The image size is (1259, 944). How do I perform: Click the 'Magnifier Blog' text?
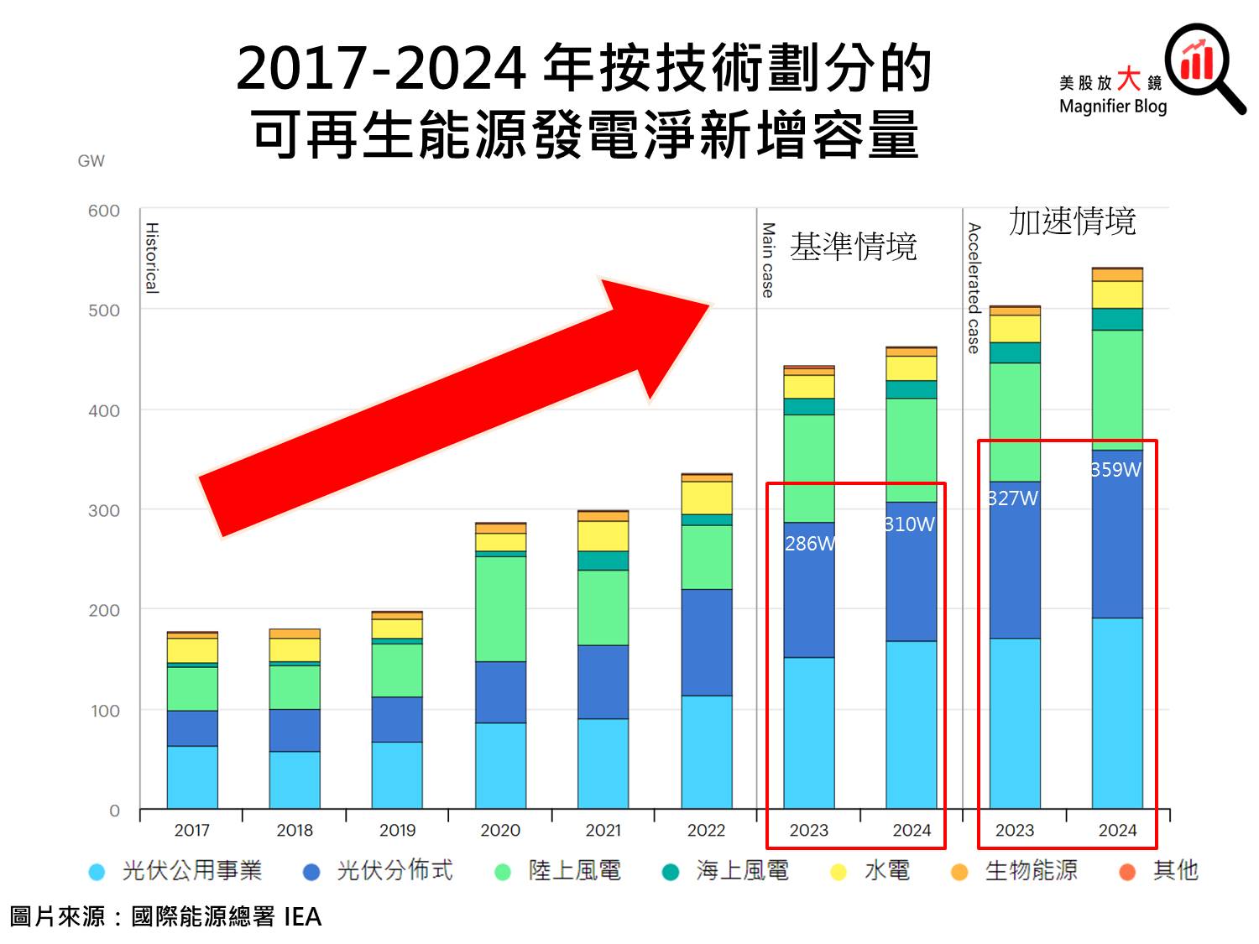pyautogui.click(x=1113, y=107)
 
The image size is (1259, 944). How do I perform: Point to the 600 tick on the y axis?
pyautogui.click(x=104, y=211)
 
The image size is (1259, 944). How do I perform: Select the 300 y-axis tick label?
pyautogui.click(x=104, y=510)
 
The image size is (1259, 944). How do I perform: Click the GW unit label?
pyautogui.click(x=91, y=161)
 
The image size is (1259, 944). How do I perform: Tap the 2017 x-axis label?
pyautogui.click(x=191, y=830)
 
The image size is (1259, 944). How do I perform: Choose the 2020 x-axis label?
pyautogui.click(x=500, y=830)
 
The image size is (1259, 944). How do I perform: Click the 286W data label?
pyautogui.click(x=810, y=544)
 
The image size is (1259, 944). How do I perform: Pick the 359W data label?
pyautogui.click(x=1116, y=470)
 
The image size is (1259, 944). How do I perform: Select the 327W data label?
pyautogui.click(x=1013, y=498)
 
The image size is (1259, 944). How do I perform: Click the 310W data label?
pyautogui.click(x=910, y=524)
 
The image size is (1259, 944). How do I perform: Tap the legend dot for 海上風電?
pyautogui.click(x=670, y=873)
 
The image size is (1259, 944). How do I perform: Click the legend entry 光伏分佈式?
pyautogui.click(x=394, y=871)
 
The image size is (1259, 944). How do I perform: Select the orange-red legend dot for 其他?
pyautogui.click(x=1127, y=873)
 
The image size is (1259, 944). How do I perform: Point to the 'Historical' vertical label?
pyautogui.click(x=152, y=258)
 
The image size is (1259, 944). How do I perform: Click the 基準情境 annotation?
pyautogui.click(x=853, y=247)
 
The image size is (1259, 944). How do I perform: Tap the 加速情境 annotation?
pyautogui.click(x=1072, y=222)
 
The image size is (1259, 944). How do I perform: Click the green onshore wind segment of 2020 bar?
pyautogui.click(x=500, y=608)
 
